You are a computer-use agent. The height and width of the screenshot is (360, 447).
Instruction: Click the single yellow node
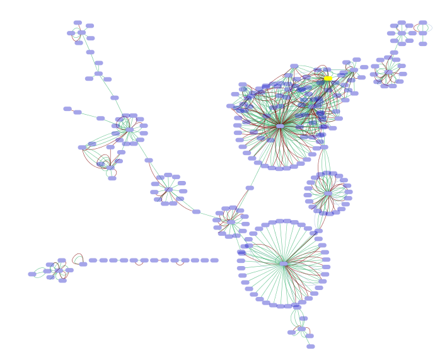[328, 79]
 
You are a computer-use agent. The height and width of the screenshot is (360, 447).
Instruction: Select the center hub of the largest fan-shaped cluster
[284, 264]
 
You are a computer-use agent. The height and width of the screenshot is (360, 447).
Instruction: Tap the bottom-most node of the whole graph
[311, 346]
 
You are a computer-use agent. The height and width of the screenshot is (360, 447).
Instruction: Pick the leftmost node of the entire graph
[32, 274]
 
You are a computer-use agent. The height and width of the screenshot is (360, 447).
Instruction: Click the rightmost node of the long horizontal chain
[214, 260]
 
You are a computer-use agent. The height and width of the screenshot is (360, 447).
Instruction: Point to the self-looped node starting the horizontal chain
[83, 264]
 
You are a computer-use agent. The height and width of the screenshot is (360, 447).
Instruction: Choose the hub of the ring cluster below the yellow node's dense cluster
[328, 194]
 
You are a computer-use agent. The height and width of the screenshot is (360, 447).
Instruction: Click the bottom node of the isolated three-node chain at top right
[423, 44]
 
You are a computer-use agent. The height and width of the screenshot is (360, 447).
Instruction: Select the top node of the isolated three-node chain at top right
[423, 23]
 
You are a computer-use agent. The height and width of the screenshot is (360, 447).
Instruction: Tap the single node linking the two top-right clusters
[394, 52]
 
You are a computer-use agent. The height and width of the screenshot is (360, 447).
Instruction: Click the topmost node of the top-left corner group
[78, 23]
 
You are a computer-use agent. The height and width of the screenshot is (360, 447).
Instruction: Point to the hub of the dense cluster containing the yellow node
[280, 126]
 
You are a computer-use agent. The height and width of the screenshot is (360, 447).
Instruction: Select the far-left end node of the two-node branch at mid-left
[67, 108]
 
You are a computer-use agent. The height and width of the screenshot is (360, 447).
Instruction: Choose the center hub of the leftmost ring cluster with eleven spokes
[129, 130]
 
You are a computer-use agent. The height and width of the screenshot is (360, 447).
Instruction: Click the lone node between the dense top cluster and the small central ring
[250, 188]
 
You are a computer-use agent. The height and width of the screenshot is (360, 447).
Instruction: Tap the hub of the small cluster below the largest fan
[301, 328]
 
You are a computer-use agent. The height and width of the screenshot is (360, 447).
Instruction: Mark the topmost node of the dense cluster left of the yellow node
[294, 66]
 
